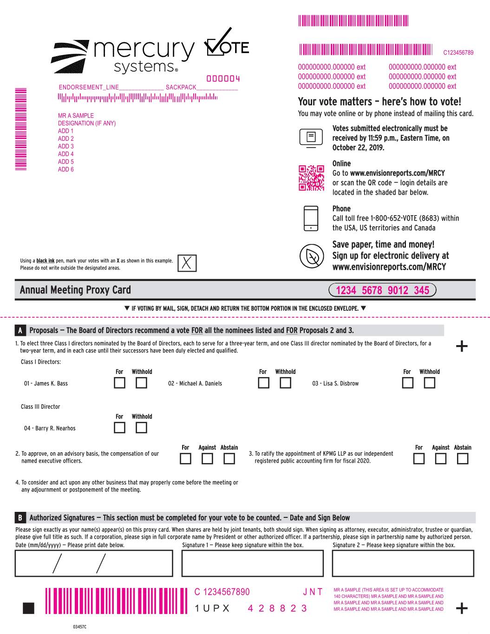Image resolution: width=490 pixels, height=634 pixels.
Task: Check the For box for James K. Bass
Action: coord(119,383)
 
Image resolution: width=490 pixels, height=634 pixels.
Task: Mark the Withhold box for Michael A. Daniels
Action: coord(285,383)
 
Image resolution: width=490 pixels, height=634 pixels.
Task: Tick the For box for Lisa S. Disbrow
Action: coord(407,383)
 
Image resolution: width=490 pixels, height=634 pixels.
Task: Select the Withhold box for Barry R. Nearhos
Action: coord(141,428)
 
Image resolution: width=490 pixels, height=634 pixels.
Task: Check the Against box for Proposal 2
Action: coord(207,458)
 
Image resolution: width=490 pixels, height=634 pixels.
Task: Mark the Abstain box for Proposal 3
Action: coord(462,458)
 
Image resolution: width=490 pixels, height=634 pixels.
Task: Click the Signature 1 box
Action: coord(252,563)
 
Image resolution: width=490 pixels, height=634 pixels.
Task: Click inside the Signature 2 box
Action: coord(403,563)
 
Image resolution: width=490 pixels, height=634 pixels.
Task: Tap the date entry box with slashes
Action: coord(94,563)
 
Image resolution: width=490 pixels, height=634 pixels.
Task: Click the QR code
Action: coord(311,178)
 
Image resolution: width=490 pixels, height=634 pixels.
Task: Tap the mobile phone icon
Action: coord(311,218)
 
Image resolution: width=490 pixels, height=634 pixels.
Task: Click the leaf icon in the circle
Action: coord(311,256)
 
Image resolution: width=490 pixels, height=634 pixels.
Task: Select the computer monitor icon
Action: coord(311,138)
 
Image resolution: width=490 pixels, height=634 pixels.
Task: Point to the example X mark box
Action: coord(187,263)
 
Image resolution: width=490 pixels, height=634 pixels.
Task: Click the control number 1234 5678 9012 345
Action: coord(382,290)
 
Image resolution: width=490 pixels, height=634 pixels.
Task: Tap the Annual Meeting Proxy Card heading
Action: coord(75,290)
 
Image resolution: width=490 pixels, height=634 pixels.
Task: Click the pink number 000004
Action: coord(223,78)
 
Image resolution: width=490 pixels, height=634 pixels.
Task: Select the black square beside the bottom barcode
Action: coord(28,608)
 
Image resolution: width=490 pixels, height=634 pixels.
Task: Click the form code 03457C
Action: coord(79,627)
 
